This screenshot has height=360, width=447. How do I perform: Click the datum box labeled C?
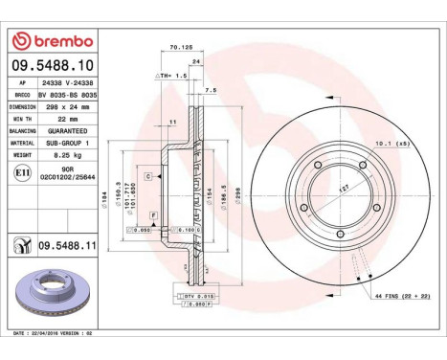[149, 177]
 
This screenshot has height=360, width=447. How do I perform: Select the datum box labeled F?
[153, 215]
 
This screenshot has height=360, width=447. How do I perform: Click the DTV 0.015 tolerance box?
[196, 298]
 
